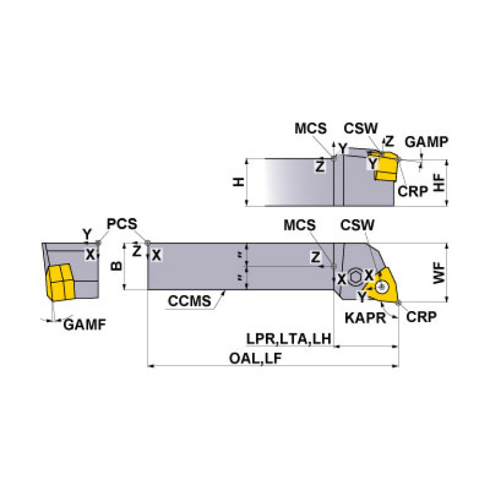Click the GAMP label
coord(427,141)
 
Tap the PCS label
coord(121,224)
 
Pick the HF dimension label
coord(439,183)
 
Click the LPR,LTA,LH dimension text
coord(289,339)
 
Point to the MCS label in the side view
coord(311,128)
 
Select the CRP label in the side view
coord(412,191)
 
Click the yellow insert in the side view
coord(386,167)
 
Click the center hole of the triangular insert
coord(384,286)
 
